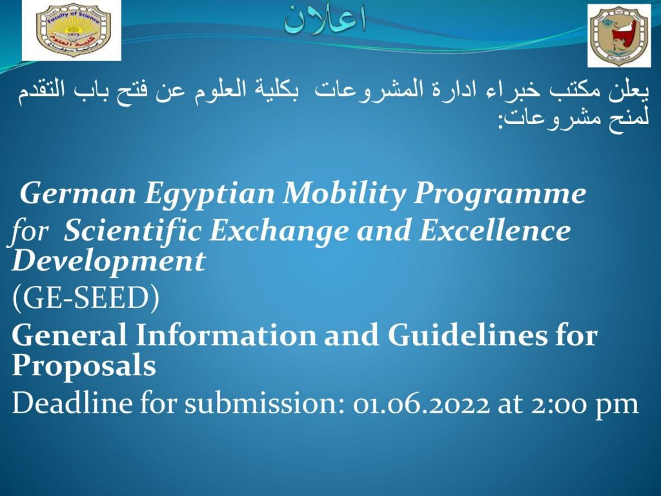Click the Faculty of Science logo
(x=72, y=30)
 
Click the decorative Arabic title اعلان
(x=324, y=19)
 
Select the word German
(x=78, y=194)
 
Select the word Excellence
(x=494, y=231)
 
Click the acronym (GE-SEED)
(x=86, y=298)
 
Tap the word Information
(x=226, y=335)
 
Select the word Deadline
(x=72, y=403)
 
